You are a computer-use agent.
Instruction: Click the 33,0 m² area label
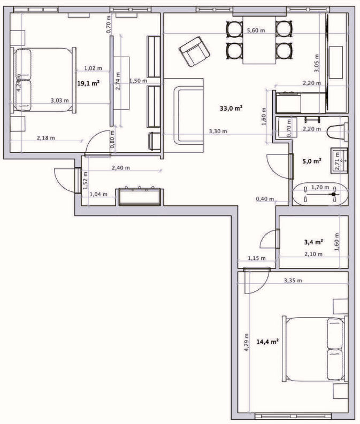tap(231, 109)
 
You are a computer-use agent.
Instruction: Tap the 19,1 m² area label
tap(88, 83)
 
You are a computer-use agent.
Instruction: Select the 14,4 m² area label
tap(267, 342)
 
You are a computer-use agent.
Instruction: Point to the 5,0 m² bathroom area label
tap(311, 161)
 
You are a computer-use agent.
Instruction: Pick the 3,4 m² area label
tap(313, 242)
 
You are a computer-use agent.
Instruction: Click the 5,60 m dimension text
tap(256, 30)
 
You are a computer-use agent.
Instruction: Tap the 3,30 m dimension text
tap(218, 132)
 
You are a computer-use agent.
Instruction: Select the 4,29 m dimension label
tap(247, 343)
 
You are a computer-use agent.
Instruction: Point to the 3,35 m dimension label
tap(293, 280)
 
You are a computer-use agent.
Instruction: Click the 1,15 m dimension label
tap(257, 258)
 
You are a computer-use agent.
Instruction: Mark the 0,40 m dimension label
tap(265, 199)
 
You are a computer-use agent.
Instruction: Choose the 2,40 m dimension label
tap(121, 168)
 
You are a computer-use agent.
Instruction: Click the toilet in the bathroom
tap(337, 132)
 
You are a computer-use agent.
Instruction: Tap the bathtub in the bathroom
tap(320, 195)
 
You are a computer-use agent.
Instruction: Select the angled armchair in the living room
tap(194, 51)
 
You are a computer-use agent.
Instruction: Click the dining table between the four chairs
tap(259, 40)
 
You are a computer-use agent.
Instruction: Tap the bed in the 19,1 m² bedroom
tap(43, 80)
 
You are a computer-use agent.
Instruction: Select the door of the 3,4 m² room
tap(278, 239)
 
